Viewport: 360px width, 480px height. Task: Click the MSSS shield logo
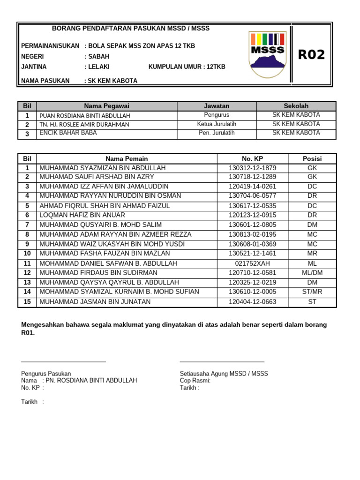pyautogui.click(x=268, y=54)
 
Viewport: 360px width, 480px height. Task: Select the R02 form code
pyautogui.click(x=311, y=55)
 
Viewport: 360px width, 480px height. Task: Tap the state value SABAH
pyautogui.click(x=98, y=56)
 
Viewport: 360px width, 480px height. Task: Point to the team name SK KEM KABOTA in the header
pyautogui.click(x=112, y=81)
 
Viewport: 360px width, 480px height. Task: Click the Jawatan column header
pyautogui.click(x=217, y=106)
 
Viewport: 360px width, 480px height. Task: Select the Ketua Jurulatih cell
pyautogui.click(x=217, y=124)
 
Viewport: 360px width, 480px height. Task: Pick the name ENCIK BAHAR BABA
pyautogui.click(x=68, y=133)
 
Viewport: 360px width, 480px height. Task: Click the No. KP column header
pyautogui.click(x=253, y=158)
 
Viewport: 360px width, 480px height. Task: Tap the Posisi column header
pyautogui.click(x=312, y=158)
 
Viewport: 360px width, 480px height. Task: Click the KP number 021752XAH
pyautogui.click(x=253, y=263)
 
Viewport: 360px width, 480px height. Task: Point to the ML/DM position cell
pyautogui.click(x=312, y=273)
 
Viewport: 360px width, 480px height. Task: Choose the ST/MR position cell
pyautogui.click(x=312, y=292)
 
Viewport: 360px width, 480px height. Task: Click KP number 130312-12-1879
pyautogui.click(x=253, y=168)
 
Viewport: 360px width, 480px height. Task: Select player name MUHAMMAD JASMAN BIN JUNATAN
pyautogui.click(x=95, y=302)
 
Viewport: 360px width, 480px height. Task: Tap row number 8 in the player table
pyautogui.click(x=27, y=234)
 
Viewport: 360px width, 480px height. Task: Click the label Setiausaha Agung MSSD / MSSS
pyautogui.click(x=224, y=374)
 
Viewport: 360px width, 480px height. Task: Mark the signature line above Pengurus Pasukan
pyautogui.click(x=63, y=361)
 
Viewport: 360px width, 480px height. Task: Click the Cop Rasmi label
pyautogui.click(x=195, y=381)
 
